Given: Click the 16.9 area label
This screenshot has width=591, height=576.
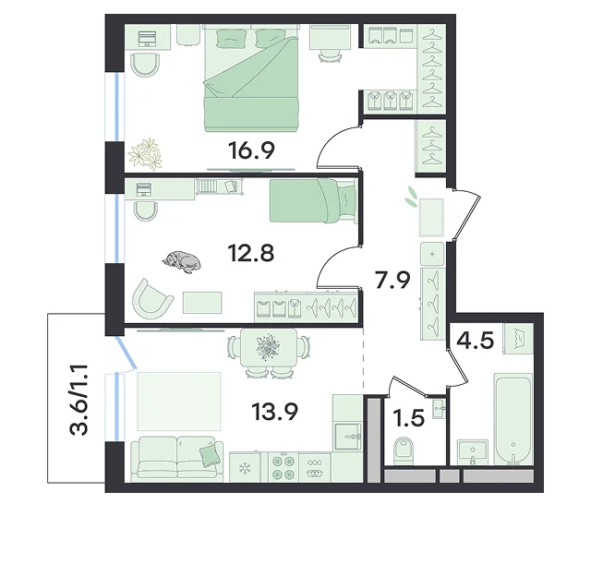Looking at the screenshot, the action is pyautogui.click(x=251, y=150).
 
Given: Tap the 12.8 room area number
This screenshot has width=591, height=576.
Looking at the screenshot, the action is pyautogui.click(x=251, y=253).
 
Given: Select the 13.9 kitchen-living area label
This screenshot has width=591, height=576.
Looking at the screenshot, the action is pyautogui.click(x=275, y=412).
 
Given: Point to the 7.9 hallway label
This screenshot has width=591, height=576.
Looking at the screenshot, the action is pyautogui.click(x=392, y=280).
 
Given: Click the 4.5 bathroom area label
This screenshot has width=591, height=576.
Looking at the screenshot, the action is pyautogui.click(x=475, y=341).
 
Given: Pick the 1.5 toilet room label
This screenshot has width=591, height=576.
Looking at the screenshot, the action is pyautogui.click(x=408, y=418).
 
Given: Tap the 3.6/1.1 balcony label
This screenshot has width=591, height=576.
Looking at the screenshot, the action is pyautogui.click(x=78, y=400).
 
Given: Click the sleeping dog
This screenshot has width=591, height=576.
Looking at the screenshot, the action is pyautogui.click(x=181, y=261).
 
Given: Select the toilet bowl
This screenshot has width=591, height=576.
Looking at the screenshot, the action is pyautogui.click(x=404, y=451).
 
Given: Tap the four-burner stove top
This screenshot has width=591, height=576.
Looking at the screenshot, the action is pyautogui.click(x=283, y=467).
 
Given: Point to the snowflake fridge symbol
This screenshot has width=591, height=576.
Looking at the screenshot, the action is pyautogui.click(x=245, y=469).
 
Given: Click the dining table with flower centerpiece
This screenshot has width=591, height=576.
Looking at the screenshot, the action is pyautogui.click(x=269, y=347).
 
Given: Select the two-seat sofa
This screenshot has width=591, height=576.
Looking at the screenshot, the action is pyautogui.click(x=176, y=459).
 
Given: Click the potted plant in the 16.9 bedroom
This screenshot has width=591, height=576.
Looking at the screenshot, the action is pyautogui.click(x=145, y=154).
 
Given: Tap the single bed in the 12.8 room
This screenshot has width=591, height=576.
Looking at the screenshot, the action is pyautogui.click(x=313, y=200).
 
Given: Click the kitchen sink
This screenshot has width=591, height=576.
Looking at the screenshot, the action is pyautogui.click(x=347, y=437).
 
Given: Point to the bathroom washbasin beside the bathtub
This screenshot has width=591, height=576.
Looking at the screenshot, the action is pyautogui.click(x=473, y=452).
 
